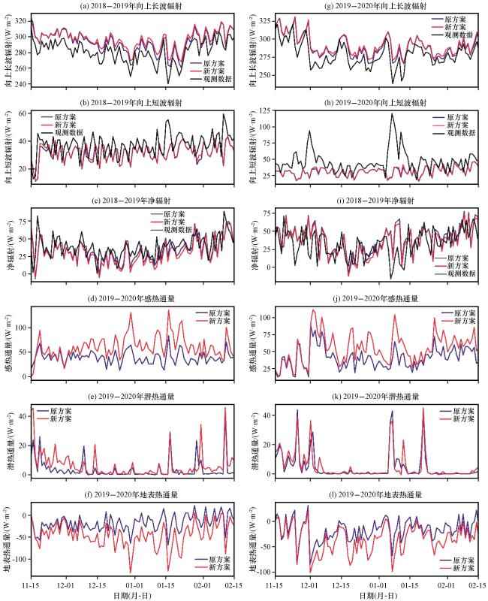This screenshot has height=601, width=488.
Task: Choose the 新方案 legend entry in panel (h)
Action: pos(454,126)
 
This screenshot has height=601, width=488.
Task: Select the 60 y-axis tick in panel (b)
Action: pos(23,113)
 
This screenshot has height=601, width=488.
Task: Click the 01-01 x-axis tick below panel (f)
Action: pos(134,584)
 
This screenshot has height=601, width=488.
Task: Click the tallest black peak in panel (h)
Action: pos(391,113)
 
